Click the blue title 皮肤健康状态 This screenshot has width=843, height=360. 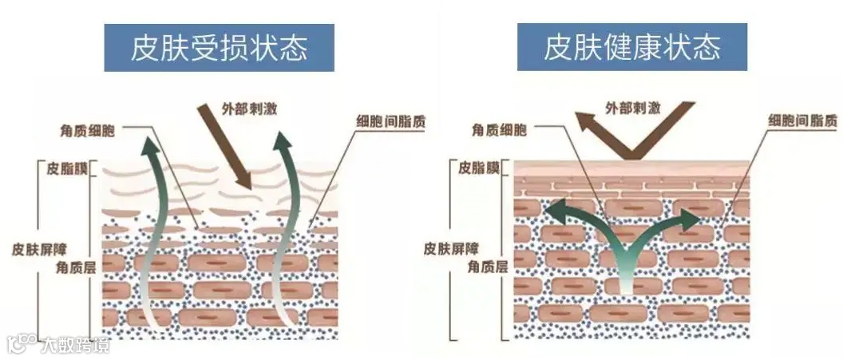(x=632, y=47)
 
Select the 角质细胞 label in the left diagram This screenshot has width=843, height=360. (x=87, y=129)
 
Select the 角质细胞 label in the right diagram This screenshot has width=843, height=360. (x=498, y=129)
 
